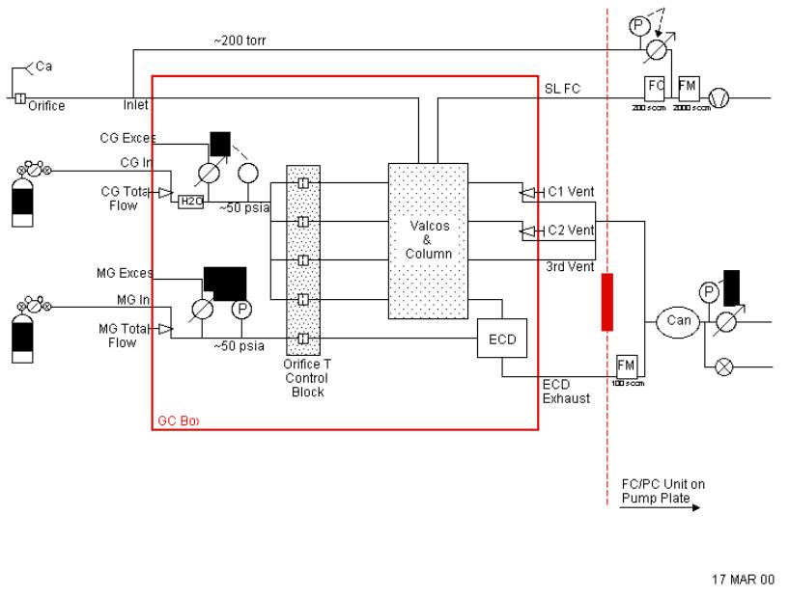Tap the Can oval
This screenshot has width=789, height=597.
pyautogui.click(x=679, y=320)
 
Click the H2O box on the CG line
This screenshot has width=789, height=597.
pyautogui.click(x=188, y=201)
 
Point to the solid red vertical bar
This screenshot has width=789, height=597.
pyautogui.click(x=606, y=302)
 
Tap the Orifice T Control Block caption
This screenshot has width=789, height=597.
pyautogui.click(x=308, y=378)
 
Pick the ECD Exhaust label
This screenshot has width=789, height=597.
pyautogui.click(x=566, y=391)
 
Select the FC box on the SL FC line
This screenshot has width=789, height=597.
pyautogui.click(x=656, y=87)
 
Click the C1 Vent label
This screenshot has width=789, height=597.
pyautogui.click(x=571, y=192)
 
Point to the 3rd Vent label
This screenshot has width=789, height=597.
pyautogui.click(x=570, y=266)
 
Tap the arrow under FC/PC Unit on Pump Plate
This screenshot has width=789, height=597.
pyautogui.click(x=657, y=501)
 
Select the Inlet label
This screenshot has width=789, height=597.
pyautogui.click(x=136, y=104)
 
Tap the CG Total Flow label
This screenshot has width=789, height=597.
pyautogui.click(x=127, y=198)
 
